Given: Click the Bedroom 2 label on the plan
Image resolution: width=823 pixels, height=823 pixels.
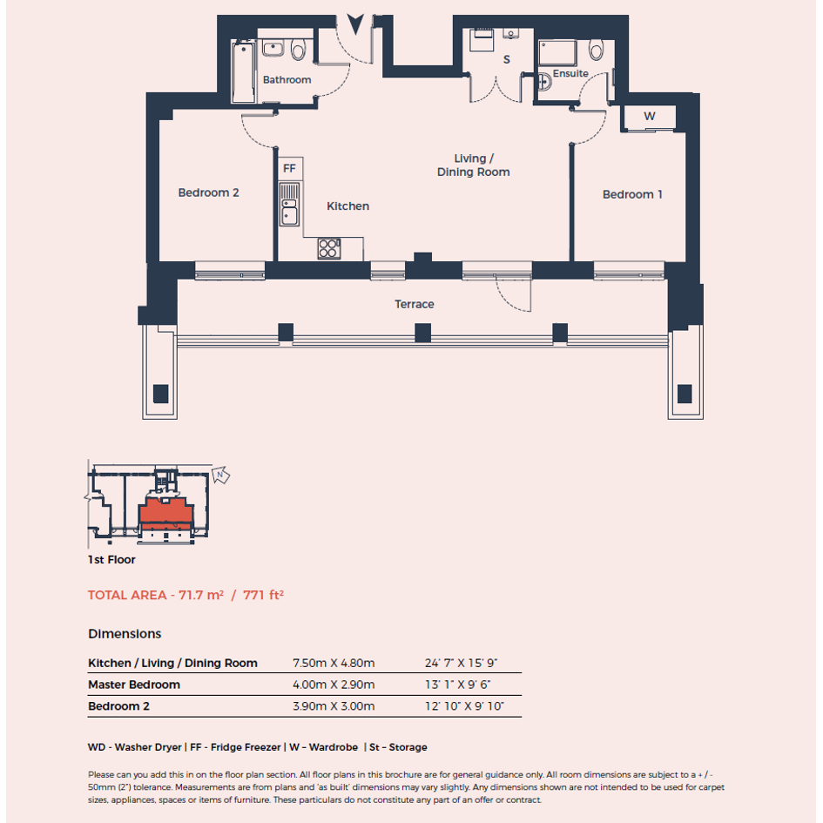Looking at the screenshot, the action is pyautogui.click(x=208, y=192).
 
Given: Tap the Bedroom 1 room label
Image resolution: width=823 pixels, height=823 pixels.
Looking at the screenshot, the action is pyautogui.click(x=632, y=194).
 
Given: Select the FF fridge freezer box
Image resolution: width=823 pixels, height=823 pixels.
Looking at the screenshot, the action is pyautogui.click(x=290, y=168).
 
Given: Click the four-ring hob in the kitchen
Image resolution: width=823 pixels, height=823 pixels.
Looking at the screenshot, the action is pyautogui.click(x=329, y=248).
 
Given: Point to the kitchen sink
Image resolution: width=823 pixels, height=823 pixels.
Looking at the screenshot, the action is pyautogui.click(x=289, y=205).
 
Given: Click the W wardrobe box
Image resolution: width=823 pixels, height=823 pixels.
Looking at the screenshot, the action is pyautogui.click(x=650, y=117).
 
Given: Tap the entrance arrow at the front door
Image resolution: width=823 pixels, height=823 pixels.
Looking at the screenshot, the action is pyautogui.click(x=355, y=24).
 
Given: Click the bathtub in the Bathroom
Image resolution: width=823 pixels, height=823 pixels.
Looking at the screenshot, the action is pyautogui.click(x=244, y=72).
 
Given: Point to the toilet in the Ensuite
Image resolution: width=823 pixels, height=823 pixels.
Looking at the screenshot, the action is pyautogui.click(x=597, y=49).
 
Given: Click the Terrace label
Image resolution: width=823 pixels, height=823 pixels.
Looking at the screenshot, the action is pyautogui.click(x=415, y=304).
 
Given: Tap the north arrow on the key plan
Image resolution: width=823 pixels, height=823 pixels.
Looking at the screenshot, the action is pyautogui.click(x=220, y=475).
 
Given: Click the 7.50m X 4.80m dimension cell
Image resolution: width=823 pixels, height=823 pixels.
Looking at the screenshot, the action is pyautogui.click(x=334, y=663).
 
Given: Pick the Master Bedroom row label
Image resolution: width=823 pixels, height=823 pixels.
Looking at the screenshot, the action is pyautogui.click(x=134, y=685).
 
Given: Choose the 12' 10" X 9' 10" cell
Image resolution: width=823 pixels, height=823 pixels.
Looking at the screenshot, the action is pyautogui.click(x=464, y=706).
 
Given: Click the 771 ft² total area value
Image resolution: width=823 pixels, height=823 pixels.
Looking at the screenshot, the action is pyautogui.click(x=263, y=595).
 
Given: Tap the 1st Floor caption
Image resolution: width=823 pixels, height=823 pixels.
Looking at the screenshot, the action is pyautogui.click(x=111, y=559).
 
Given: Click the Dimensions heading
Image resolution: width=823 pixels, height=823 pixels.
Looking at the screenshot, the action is pyautogui.click(x=125, y=633).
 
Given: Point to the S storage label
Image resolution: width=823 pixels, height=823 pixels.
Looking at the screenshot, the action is pyautogui.click(x=507, y=59).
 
